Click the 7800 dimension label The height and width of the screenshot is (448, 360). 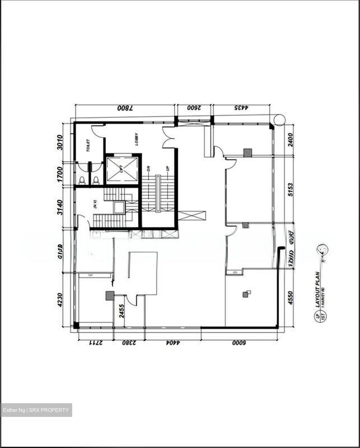125,108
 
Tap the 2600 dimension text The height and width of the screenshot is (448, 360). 194,108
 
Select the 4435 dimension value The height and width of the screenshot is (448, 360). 241,108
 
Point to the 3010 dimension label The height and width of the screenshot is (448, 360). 60,142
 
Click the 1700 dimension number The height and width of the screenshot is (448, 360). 60,175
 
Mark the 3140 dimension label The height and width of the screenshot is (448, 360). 60,207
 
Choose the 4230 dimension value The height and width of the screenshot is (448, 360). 60,300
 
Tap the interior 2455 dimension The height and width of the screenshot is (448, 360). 122,310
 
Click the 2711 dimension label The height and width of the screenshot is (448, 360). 96,343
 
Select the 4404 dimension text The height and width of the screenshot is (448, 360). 173,343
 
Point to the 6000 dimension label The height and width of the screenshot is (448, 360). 239,343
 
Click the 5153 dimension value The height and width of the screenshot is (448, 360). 290,189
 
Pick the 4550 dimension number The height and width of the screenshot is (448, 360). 290,298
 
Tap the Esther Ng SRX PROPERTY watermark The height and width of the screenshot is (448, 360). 36,410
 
